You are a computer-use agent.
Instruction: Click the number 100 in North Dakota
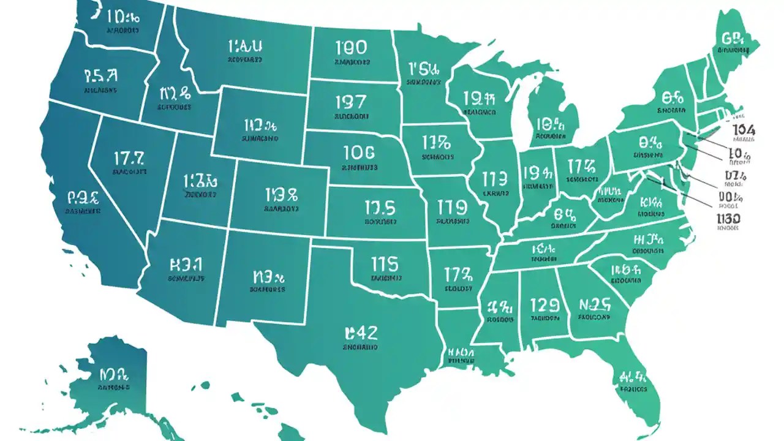click(x=352, y=48)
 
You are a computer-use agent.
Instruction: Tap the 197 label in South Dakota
click(x=351, y=101)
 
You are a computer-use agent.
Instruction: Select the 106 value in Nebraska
click(x=360, y=153)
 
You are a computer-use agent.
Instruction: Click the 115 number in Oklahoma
click(x=385, y=264)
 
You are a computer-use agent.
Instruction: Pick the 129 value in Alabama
click(x=545, y=304)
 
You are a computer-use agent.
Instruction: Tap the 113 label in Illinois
click(x=494, y=179)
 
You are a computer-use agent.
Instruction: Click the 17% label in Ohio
click(x=581, y=166)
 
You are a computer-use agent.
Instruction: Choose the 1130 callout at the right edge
click(x=728, y=218)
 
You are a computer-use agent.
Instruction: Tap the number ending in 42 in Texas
click(x=361, y=333)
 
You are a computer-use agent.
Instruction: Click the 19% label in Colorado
click(x=281, y=195)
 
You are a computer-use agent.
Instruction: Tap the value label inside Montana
click(x=245, y=47)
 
